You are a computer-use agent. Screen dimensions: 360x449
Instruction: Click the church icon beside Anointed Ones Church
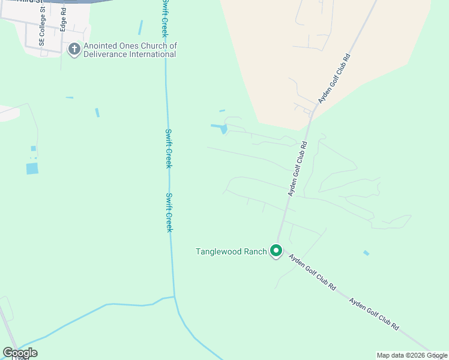pyautogui.click(x=74, y=49)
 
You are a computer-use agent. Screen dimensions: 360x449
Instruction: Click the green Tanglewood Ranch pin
pyautogui.click(x=276, y=251)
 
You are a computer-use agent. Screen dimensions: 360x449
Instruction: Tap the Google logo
pyautogui.click(x=20, y=353)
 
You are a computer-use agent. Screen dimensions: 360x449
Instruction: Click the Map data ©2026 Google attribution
pyautogui.click(x=411, y=355)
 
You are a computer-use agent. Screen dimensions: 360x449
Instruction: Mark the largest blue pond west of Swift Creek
pyautogui.click(x=32, y=169)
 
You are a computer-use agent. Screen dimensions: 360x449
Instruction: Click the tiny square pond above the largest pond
pyautogui.click(x=34, y=149)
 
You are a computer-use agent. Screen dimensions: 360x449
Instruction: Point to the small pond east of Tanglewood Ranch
pyautogui.click(x=366, y=253)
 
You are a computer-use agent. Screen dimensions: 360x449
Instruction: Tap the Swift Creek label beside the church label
pyautogui.click(x=164, y=19)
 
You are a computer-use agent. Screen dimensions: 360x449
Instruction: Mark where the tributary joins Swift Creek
pyautogui.click(x=175, y=296)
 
